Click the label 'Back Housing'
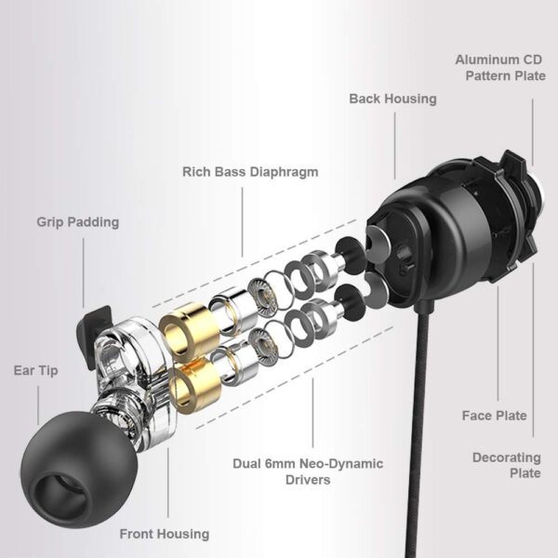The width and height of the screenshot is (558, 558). pos(392,98)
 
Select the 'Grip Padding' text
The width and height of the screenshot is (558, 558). pos(78,222)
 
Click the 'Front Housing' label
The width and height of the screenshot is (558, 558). pos(164,534)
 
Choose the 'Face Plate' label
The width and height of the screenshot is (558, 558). pos(495,415)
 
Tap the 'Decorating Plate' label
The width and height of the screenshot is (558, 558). pos(506,465)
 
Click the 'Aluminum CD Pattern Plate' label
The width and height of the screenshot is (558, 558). pos(500,67)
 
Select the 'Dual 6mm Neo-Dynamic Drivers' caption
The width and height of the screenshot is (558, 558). pos(309,471)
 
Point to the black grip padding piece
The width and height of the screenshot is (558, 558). pos(94,322)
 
